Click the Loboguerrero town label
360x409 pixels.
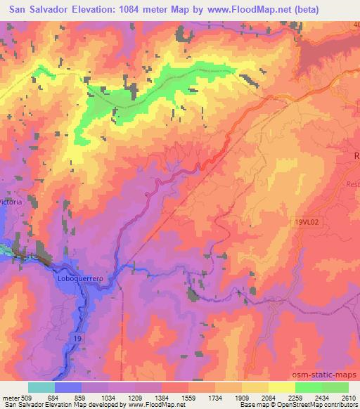(79, 279)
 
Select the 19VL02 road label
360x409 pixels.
(307, 221)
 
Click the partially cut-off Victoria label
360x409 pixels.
(13, 203)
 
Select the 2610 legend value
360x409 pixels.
(346, 398)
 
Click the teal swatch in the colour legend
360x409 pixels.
(41, 387)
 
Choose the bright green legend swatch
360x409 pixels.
(308, 387)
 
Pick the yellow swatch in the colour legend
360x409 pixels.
(282, 387)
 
